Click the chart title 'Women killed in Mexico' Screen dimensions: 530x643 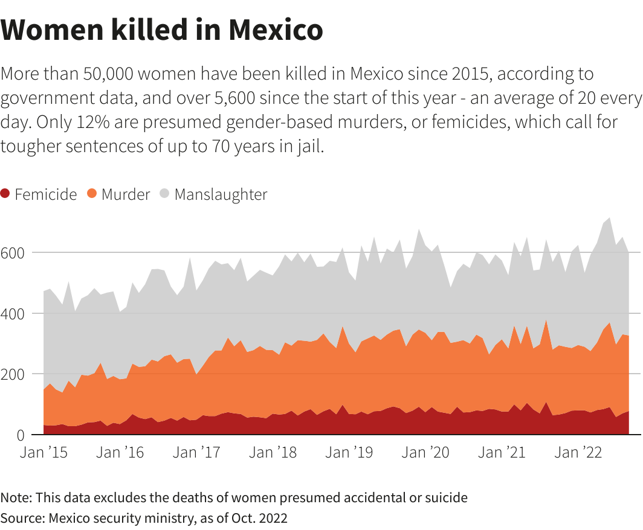(x=161, y=30)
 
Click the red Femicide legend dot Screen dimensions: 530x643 (x=6, y=194)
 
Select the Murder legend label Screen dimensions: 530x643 (x=125, y=194)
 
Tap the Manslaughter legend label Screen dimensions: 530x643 (x=221, y=194)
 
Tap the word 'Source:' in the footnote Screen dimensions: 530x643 (x=22, y=517)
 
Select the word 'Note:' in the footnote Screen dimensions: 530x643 (x=16, y=498)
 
